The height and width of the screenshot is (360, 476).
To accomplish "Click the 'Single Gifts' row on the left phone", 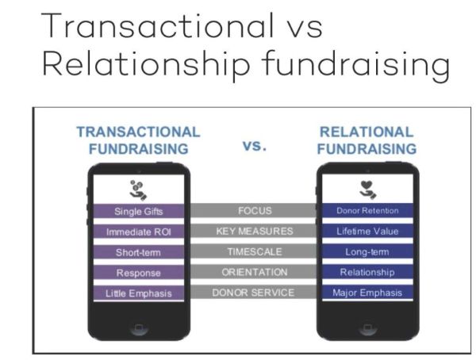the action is pyautogui.click(x=138, y=211).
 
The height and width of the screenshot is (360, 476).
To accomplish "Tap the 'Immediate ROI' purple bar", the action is pyautogui.click(x=138, y=232).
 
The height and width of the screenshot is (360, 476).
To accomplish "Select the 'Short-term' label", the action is pyautogui.click(x=138, y=252).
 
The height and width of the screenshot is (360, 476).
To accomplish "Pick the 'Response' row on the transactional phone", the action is pyautogui.click(x=138, y=273).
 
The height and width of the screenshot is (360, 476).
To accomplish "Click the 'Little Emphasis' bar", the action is pyautogui.click(x=138, y=293).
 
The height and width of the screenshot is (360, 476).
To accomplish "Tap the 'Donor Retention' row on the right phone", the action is pyautogui.click(x=367, y=210).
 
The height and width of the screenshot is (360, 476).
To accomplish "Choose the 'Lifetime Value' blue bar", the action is pyautogui.click(x=367, y=231).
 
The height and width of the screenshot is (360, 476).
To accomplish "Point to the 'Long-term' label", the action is pyautogui.click(x=367, y=251).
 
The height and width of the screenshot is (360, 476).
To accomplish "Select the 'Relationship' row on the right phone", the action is pyautogui.click(x=367, y=272).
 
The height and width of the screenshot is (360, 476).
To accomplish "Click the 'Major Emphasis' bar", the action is pyautogui.click(x=367, y=293).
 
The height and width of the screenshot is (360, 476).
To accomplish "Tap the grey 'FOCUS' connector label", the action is pyautogui.click(x=255, y=211).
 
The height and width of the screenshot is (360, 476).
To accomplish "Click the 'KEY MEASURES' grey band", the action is pyautogui.click(x=255, y=231).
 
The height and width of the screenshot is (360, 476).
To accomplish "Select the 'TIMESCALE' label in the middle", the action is pyautogui.click(x=255, y=251).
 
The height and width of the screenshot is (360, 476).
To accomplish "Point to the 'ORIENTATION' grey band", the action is pyautogui.click(x=255, y=272).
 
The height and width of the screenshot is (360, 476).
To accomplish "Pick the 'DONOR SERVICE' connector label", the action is pyautogui.click(x=253, y=293).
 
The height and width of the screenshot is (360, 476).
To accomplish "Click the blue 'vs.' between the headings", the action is pyautogui.click(x=255, y=146).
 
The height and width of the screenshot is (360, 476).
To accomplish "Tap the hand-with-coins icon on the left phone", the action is pyautogui.click(x=138, y=190).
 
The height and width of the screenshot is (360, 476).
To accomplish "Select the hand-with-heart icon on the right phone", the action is pyautogui.click(x=367, y=190).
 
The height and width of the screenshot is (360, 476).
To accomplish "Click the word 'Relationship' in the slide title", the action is pyautogui.click(x=146, y=63).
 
